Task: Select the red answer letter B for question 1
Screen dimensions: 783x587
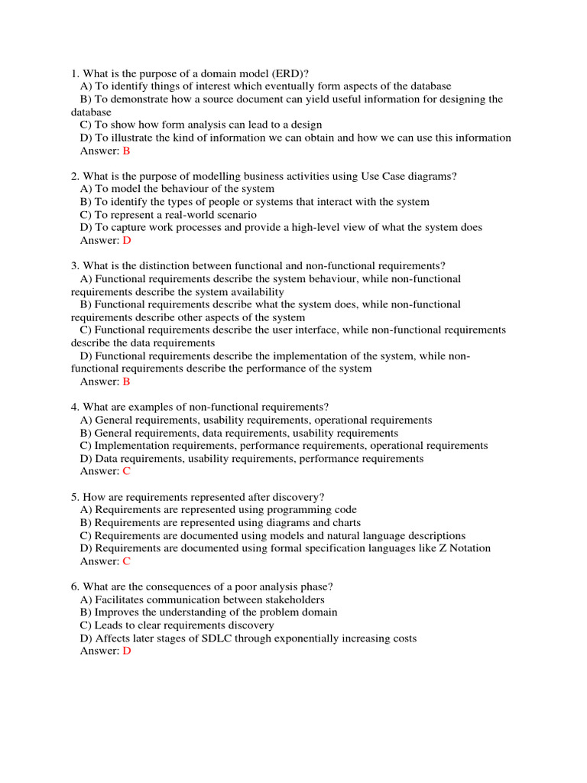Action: [127, 151]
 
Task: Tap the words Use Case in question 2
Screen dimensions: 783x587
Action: [371, 176]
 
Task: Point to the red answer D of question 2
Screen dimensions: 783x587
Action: [127, 240]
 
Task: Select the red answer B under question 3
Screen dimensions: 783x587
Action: [127, 382]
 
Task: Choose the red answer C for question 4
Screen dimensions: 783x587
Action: [127, 471]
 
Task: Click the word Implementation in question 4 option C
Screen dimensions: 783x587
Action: [132, 446]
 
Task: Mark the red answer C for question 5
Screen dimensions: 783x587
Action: [127, 560]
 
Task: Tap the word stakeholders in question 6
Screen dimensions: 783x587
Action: [286, 599]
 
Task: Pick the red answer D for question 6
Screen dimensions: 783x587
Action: [127, 651]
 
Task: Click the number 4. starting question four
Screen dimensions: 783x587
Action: [75, 407]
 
